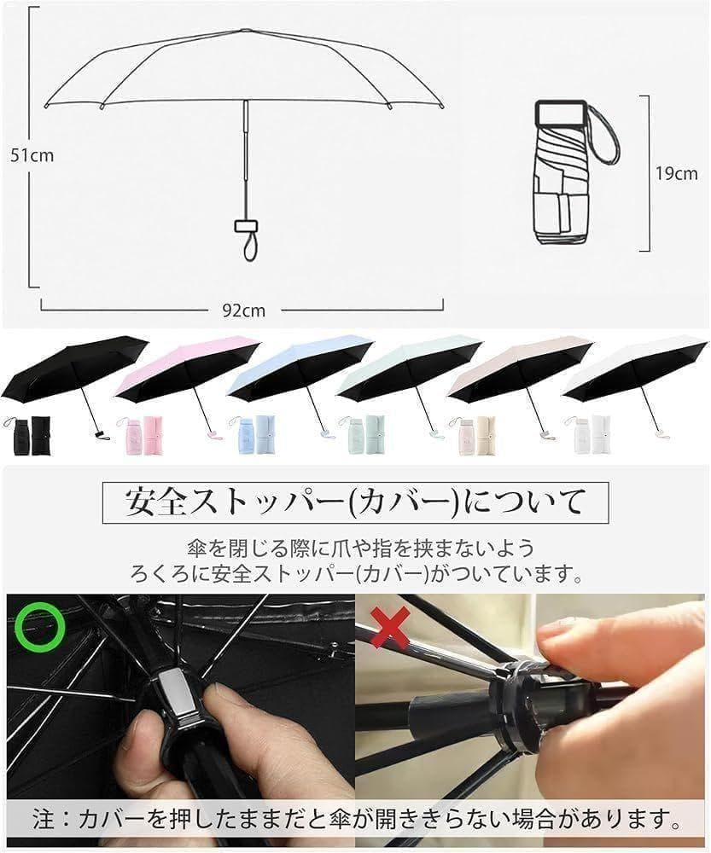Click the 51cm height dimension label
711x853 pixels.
(x=32, y=155)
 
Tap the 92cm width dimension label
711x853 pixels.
(x=244, y=310)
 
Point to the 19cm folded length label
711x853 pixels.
(x=676, y=173)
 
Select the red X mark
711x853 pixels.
(x=390, y=627)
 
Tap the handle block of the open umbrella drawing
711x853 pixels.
(x=246, y=225)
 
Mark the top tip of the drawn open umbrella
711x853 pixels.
(x=245, y=29)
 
